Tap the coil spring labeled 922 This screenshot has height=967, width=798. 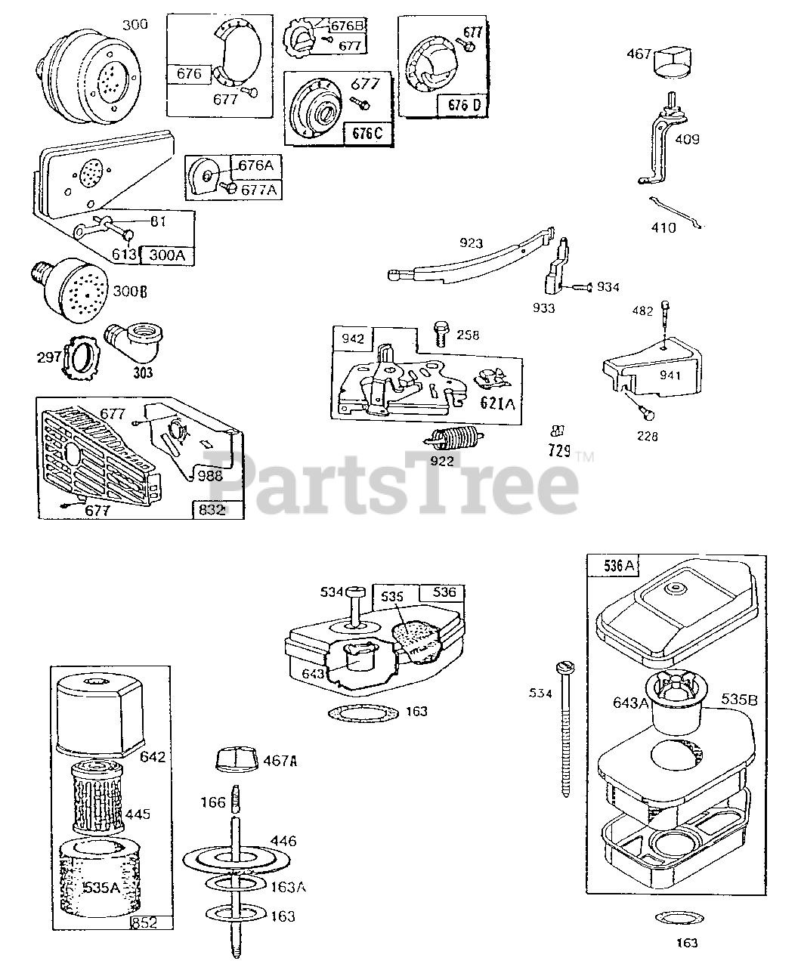[450, 437]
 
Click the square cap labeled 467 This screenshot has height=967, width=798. [670, 60]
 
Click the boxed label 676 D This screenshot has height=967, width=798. [460, 105]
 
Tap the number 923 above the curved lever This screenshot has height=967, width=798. [471, 244]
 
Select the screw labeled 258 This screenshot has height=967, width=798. [441, 335]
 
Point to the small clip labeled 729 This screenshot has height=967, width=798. [558, 431]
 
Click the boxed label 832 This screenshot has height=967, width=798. [212, 509]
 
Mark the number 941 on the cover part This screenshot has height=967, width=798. [670, 375]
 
